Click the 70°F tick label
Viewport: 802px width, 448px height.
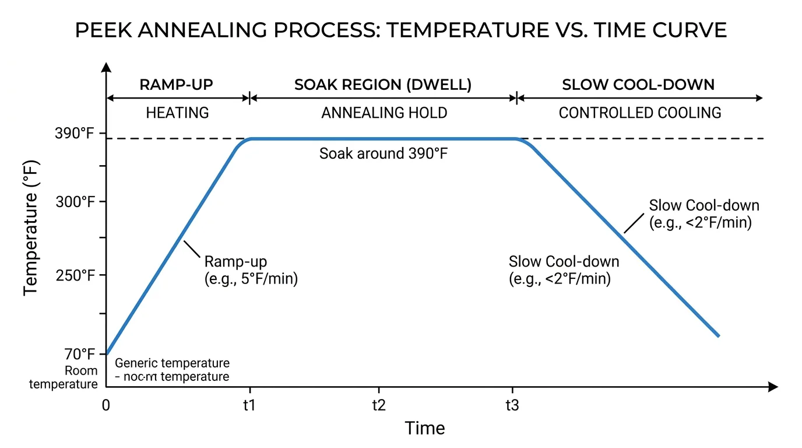80,354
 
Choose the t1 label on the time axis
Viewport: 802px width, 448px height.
249,405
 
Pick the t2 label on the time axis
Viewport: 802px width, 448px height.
379,405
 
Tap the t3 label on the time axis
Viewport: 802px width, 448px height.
512,405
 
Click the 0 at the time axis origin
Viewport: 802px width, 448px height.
106,405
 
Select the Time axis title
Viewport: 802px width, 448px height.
425,429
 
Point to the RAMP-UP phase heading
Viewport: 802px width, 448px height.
176,85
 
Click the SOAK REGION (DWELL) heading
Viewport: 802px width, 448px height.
383,85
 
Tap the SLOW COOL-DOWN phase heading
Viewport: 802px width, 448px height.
638,85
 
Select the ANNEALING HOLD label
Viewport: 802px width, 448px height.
384,113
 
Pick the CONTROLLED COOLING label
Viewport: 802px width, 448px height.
639,113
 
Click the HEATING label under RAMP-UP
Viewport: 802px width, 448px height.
177,113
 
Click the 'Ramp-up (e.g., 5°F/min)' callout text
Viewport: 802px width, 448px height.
251,270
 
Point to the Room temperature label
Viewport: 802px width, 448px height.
64,377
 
